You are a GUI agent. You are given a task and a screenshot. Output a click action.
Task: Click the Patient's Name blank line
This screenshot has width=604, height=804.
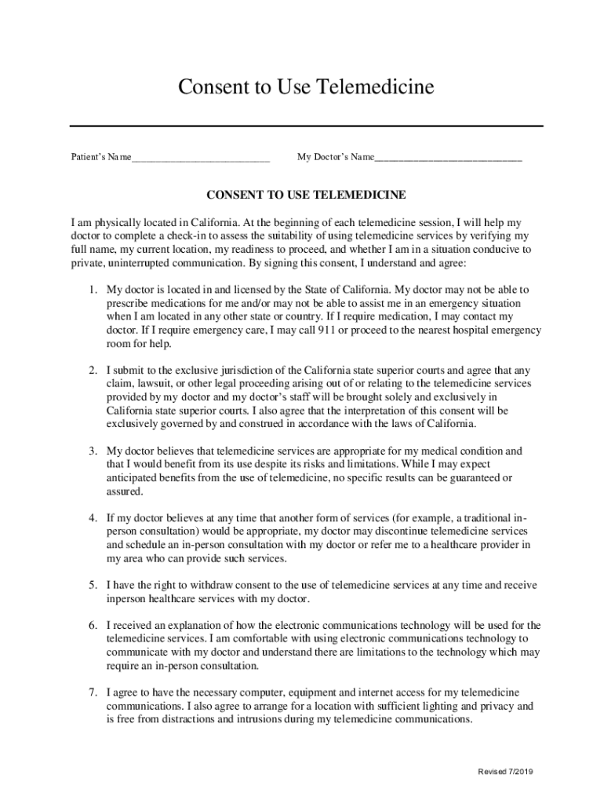click(201, 158)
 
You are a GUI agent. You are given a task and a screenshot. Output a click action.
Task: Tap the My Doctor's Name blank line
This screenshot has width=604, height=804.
click(448, 158)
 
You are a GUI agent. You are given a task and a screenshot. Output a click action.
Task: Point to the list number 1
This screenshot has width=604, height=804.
click(92, 290)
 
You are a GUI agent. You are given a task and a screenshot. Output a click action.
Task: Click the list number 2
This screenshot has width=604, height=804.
click(92, 370)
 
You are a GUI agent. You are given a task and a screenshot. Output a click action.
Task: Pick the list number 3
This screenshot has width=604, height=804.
click(92, 451)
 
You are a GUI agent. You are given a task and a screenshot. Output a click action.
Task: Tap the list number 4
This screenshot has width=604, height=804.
click(92, 518)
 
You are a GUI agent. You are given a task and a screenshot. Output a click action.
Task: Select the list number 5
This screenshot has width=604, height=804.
click(92, 586)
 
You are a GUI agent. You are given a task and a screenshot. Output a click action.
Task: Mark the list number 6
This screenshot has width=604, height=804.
click(92, 626)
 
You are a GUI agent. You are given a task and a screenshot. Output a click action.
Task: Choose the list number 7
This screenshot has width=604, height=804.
click(92, 693)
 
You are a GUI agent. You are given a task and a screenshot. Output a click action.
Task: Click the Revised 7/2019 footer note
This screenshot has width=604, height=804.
click(506, 772)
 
